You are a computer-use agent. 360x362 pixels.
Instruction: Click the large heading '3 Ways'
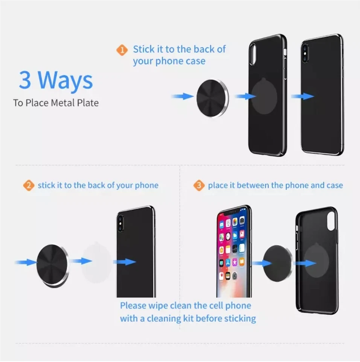point(56,80)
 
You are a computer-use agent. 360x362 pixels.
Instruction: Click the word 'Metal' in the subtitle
point(63,103)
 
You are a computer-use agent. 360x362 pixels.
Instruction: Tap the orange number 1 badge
point(122,50)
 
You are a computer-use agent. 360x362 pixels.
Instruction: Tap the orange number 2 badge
point(28,186)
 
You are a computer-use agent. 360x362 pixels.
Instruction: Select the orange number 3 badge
point(199,186)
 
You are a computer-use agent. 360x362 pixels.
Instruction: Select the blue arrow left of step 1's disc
point(183,97)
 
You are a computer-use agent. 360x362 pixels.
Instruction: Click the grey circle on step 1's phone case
point(265,96)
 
